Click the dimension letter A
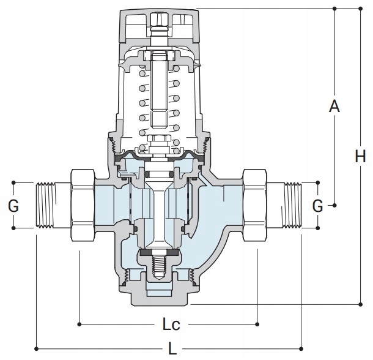(334, 107)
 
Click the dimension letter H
(360, 156)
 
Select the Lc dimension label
(171, 324)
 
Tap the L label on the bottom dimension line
(172, 349)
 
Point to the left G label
(13, 206)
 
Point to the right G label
(317, 206)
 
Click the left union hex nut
(83, 205)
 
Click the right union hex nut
(254, 205)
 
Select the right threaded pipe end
(284, 205)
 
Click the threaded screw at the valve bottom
(159, 264)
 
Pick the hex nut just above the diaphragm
(159, 138)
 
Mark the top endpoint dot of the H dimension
(360, 9)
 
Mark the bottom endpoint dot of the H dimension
(360, 304)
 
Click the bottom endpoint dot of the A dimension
(334, 205)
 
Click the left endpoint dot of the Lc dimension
(79, 324)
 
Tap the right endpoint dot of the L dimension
(301, 349)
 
